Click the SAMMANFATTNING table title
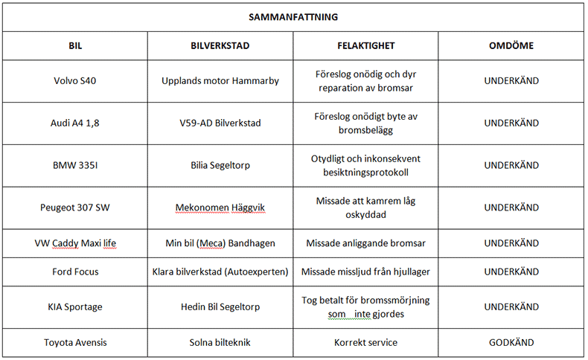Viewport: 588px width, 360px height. click(x=293, y=16)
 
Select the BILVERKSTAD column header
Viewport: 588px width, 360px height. click(x=220, y=46)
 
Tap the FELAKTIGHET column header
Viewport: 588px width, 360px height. click(x=365, y=46)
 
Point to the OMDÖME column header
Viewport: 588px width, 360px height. click(x=511, y=46)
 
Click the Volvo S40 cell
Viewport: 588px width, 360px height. click(x=74, y=81)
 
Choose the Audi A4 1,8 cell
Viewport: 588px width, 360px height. click(x=74, y=123)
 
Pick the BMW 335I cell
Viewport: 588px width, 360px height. click(x=74, y=165)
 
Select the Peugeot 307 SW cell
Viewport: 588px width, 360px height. click(x=74, y=208)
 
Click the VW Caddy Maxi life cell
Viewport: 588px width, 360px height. click(x=74, y=243)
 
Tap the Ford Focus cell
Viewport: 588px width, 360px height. click(x=74, y=271)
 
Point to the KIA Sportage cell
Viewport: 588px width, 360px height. click(x=74, y=306)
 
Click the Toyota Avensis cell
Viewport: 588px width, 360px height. click(x=74, y=343)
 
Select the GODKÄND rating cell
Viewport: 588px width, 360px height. click(x=511, y=343)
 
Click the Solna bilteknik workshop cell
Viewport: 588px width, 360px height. click(x=220, y=343)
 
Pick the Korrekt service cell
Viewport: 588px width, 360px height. click(x=365, y=343)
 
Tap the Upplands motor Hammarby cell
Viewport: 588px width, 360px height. click(x=220, y=81)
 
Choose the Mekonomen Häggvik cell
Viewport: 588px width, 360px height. click(x=220, y=208)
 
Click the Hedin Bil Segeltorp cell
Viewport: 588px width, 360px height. click(x=220, y=306)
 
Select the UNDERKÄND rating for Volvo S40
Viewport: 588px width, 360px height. click(x=511, y=81)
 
